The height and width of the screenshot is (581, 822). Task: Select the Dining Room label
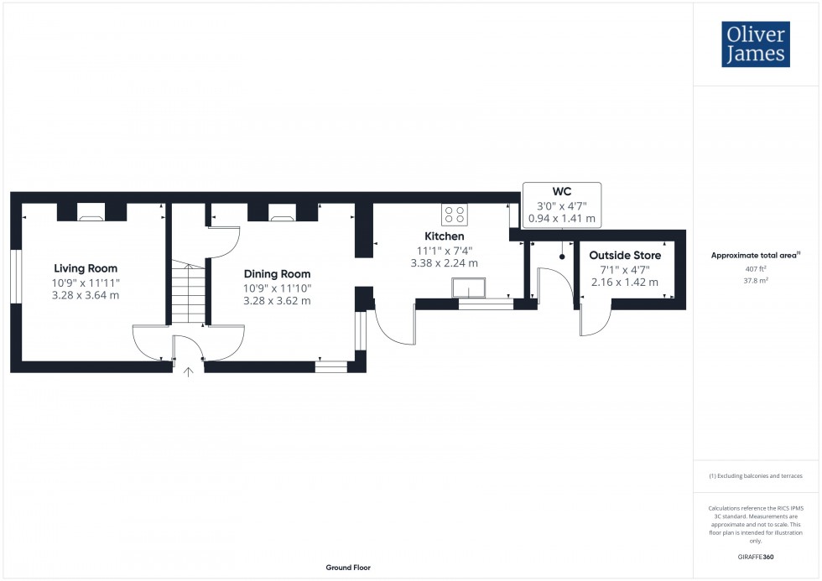tap(277, 274)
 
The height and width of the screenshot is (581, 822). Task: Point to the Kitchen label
tap(444, 236)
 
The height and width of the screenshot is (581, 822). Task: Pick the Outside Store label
tap(625, 255)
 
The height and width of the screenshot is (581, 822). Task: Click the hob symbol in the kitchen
tap(455, 214)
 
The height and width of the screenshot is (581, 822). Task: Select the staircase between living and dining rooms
tap(189, 293)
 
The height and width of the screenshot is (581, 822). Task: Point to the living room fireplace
tap(91, 215)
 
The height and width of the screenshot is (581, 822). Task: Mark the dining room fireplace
tap(282, 215)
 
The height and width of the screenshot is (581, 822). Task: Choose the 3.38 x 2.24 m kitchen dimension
tap(444, 262)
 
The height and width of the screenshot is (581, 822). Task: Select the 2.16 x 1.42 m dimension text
tap(624, 282)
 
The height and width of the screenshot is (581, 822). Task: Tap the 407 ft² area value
tap(752, 268)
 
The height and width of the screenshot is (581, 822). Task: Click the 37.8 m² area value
tap(752, 281)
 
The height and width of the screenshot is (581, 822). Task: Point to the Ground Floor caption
tap(348, 568)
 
